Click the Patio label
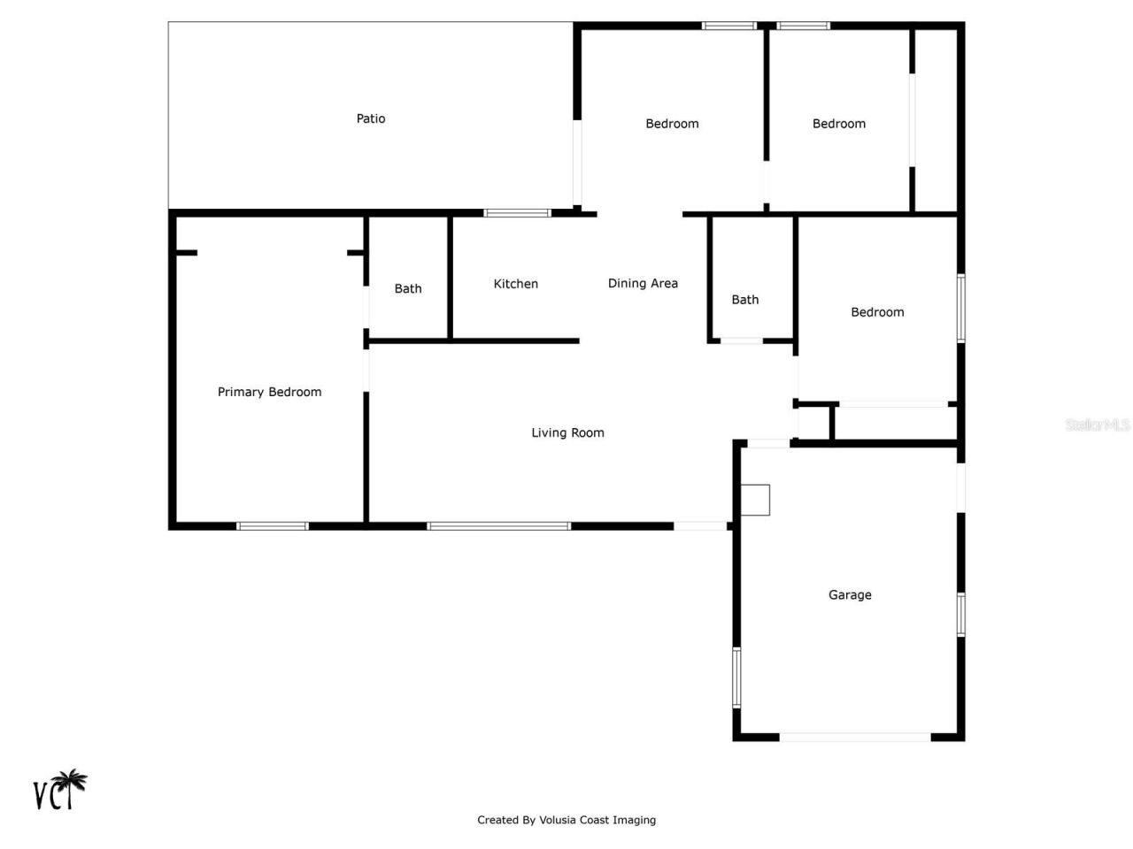click(x=371, y=119)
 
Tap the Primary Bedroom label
click(x=269, y=392)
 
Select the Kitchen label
click(x=515, y=284)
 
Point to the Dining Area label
click(x=643, y=284)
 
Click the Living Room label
click(x=567, y=432)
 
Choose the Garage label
click(x=850, y=595)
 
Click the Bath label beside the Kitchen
click(x=408, y=288)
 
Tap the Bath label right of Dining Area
click(x=744, y=300)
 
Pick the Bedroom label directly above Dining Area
click(x=672, y=124)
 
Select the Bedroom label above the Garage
click(x=877, y=312)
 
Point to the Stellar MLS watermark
click(x=1097, y=425)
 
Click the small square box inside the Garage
click(x=755, y=500)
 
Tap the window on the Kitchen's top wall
click(x=517, y=213)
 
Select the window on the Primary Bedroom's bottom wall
click(x=273, y=526)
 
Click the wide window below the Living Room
click(x=498, y=526)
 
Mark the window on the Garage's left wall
click(x=736, y=677)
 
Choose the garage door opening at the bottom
click(x=854, y=737)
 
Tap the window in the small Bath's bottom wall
click(x=742, y=340)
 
